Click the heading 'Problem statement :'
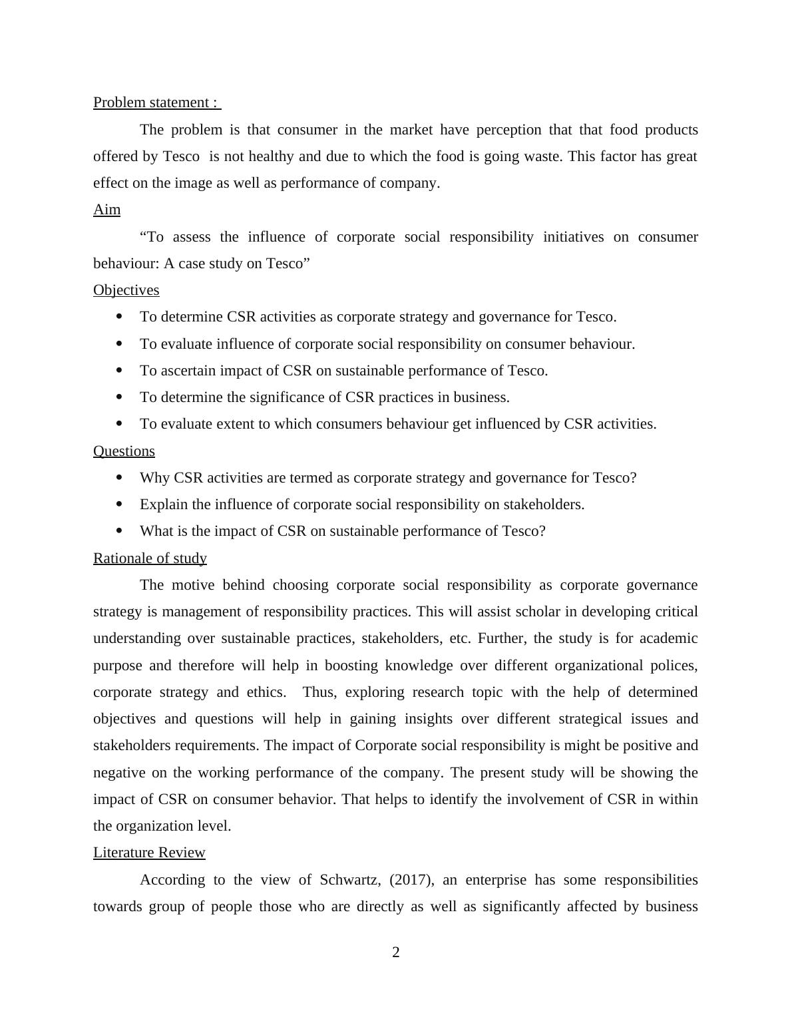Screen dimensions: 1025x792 pos(156,102)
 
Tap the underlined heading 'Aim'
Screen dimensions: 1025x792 pos(106,210)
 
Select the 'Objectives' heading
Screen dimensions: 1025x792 pos(126,290)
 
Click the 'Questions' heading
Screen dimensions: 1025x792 pos(124,451)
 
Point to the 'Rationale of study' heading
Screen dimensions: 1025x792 pos(150,558)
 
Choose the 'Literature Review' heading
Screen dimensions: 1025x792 pos(149,853)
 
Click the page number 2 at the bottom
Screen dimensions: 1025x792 pos(396,952)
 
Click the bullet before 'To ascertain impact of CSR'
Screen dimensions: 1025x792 pos(120,370)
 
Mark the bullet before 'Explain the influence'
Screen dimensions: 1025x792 pos(120,505)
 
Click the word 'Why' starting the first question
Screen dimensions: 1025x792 pos(155,478)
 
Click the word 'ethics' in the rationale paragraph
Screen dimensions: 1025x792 pos(266,692)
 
